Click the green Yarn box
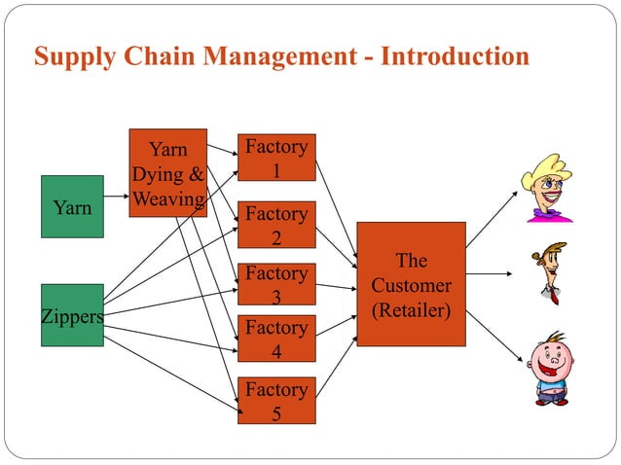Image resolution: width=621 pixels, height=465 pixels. click(x=72, y=206)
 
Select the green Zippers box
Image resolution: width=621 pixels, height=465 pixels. click(x=72, y=315)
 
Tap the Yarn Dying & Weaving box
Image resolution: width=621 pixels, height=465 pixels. click(x=167, y=172)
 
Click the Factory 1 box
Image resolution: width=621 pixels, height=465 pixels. click(x=276, y=158)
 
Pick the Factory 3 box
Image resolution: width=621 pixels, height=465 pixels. click(x=276, y=285)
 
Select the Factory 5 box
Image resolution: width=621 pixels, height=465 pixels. click(x=276, y=401)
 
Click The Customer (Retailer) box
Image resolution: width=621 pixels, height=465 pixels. click(x=411, y=285)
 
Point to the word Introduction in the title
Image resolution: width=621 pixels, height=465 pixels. click(x=455, y=55)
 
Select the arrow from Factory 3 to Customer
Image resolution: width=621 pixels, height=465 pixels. click(x=336, y=286)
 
